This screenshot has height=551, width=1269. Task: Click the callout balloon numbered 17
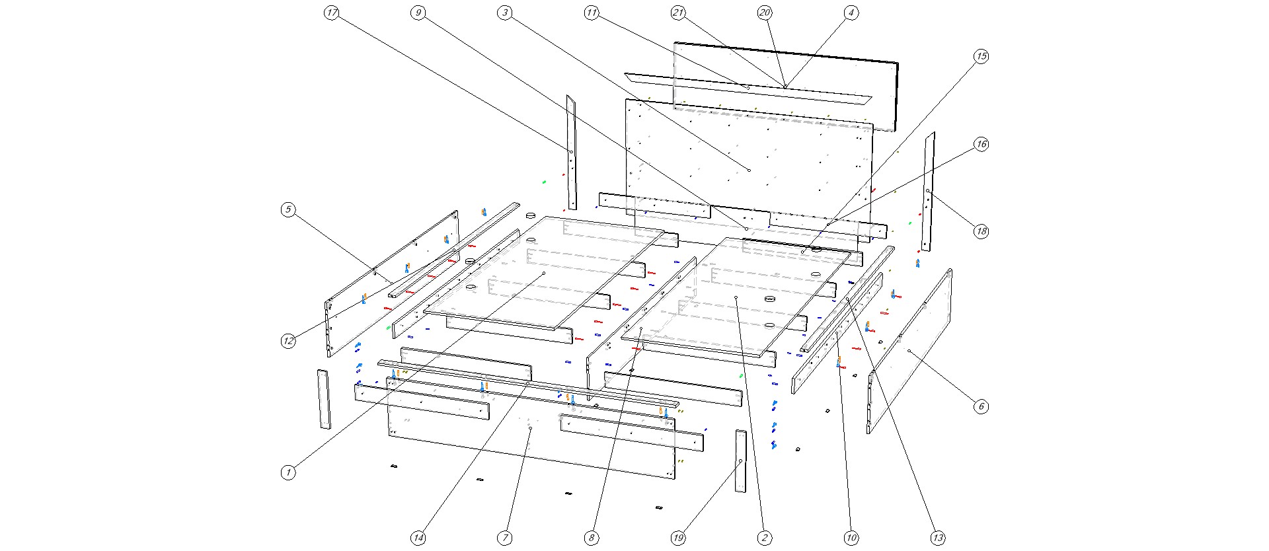pyautogui.click(x=332, y=13)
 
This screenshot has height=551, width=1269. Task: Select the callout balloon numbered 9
pyautogui.click(x=418, y=13)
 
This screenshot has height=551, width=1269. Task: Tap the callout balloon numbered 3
pyautogui.click(x=505, y=13)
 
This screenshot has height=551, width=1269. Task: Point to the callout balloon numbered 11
pyautogui.click(x=592, y=13)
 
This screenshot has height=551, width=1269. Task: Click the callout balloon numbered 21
pyautogui.click(x=678, y=13)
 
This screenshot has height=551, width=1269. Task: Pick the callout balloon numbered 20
pyautogui.click(x=765, y=13)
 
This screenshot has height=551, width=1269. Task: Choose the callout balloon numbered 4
pyautogui.click(x=851, y=13)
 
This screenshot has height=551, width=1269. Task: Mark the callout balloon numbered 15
pyautogui.click(x=981, y=57)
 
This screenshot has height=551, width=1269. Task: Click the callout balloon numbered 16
pyautogui.click(x=981, y=144)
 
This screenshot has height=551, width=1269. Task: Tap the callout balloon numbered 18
pyautogui.click(x=981, y=231)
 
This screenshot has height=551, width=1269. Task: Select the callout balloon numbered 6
pyautogui.click(x=981, y=406)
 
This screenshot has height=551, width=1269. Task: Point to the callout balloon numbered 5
pyautogui.click(x=288, y=210)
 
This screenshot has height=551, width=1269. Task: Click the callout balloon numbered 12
pyautogui.click(x=288, y=341)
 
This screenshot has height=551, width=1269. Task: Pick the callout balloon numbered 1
pyautogui.click(x=288, y=472)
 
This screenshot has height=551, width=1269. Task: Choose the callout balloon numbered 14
pyautogui.click(x=418, y=538)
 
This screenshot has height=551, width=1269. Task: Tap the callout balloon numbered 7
pyautogui.click(x=505, y=538)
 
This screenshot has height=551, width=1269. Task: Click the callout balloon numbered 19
pyautogui.click(x=678, y=538)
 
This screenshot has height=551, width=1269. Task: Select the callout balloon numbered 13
pyautogui.click(x=938, y=538)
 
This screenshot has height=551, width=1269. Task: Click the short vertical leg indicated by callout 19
pyautogui.click(x=740, y=461)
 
